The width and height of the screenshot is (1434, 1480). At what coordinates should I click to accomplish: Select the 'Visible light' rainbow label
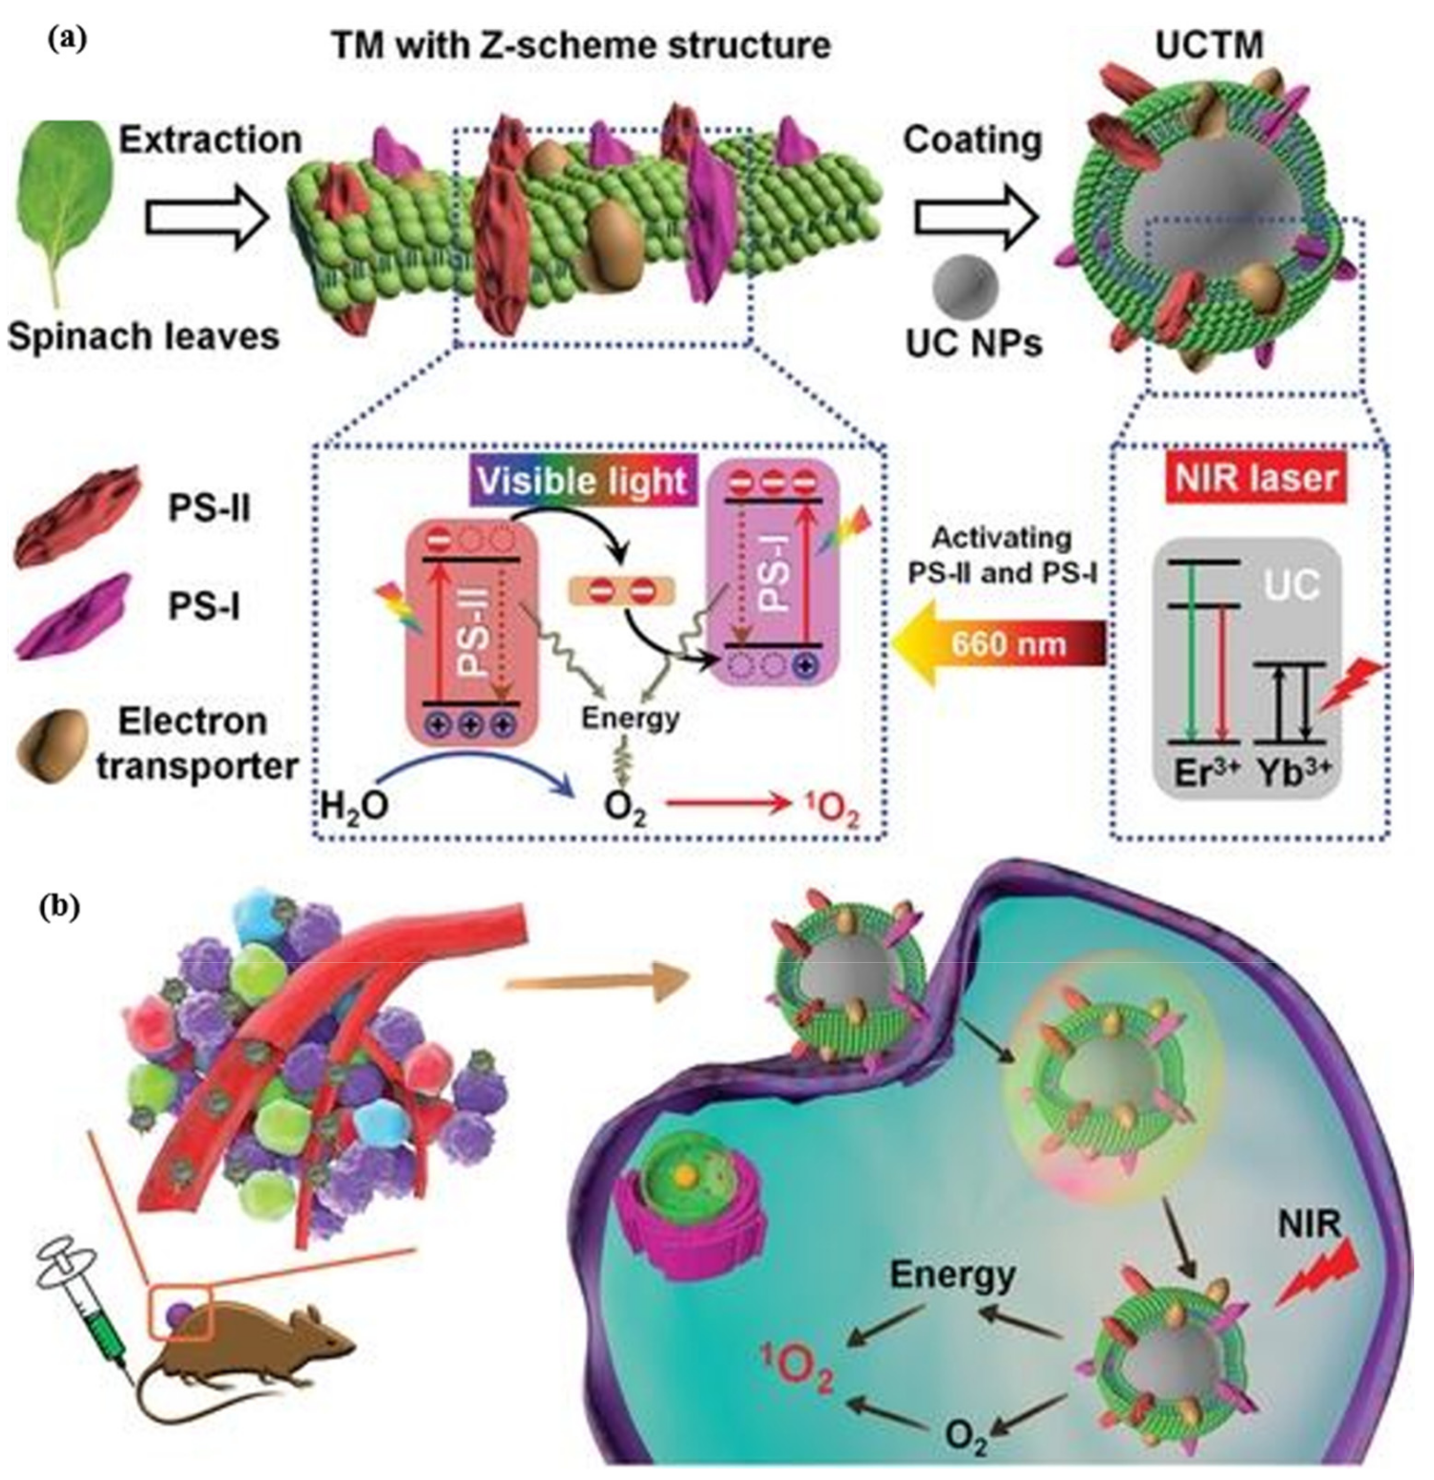tap(583, 481)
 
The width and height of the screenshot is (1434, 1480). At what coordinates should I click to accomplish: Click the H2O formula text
tap(353, 806)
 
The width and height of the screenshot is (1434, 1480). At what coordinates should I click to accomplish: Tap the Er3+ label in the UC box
tap(1201, 774)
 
